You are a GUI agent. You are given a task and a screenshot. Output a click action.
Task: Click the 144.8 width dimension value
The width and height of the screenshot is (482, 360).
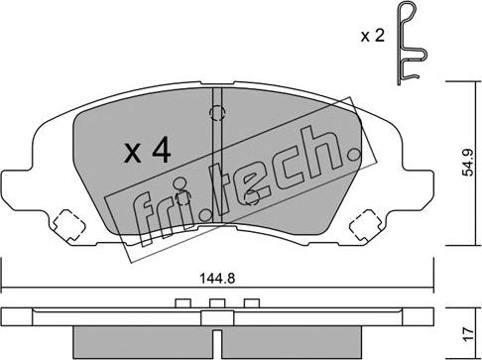217,279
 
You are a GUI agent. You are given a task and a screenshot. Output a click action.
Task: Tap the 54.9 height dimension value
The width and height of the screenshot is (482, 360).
468,163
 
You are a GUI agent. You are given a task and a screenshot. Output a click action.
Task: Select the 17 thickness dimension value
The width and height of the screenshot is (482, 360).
468,335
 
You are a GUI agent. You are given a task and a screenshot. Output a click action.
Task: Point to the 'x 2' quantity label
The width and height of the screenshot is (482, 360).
373,36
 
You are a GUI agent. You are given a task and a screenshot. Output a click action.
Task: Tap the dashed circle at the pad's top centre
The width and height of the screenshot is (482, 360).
217,113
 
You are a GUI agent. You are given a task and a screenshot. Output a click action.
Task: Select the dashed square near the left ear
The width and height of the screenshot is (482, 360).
69,225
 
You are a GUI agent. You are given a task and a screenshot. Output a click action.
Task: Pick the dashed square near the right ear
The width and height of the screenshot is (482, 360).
365,225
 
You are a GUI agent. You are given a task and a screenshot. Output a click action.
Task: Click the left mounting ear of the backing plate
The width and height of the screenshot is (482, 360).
17,189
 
